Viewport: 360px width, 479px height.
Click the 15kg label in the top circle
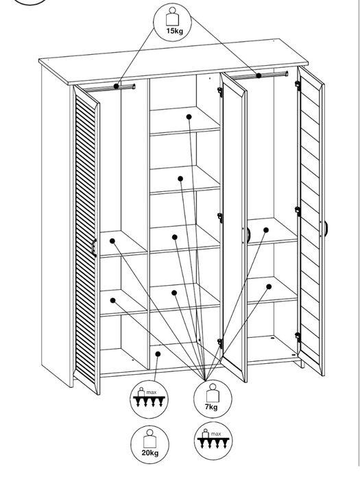[174, 31]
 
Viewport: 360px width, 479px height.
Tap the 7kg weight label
[211, 406]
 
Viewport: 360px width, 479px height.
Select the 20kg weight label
[149, 452]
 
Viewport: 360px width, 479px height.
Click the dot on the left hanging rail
[116, 86]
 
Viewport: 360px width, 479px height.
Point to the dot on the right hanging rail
[259, 75]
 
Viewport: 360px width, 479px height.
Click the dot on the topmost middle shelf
[189, 116]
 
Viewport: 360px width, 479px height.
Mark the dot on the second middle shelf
[180, 179]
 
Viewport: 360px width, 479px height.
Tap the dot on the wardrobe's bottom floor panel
[158, 354]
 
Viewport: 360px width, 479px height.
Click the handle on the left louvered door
[94, 247]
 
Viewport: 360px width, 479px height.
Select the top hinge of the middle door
[219, 92]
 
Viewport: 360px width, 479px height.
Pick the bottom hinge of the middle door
[219, 343]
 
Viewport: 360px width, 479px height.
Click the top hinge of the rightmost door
[298, 86]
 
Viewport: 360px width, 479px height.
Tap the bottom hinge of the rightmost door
[298, 337]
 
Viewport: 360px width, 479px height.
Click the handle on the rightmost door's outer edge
[326, 228]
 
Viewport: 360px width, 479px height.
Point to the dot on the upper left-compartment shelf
[112, 241]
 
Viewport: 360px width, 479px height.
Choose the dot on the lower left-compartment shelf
[112, 300]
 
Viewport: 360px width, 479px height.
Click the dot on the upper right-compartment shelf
[266, 230]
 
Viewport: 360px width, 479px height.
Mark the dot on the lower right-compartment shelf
[269, 286]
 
